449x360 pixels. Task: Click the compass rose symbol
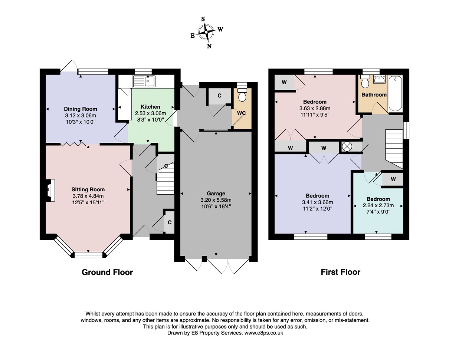click(x=206, y=32)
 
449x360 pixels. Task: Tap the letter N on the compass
click(x=209, y=46)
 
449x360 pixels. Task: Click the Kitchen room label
click(x=150, y=107)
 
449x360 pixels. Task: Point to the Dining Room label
click(x=81, y=109)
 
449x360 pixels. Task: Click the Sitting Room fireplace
click(x=50, y=190)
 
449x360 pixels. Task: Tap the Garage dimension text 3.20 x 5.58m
click(x=216, y=200)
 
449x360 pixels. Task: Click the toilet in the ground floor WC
click(x=242, y=95)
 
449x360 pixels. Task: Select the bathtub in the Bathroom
click(x=395, y=93)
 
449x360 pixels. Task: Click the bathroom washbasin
click(x=380, y=79)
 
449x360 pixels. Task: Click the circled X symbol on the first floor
click(x=347, y=146)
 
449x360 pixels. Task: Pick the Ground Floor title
click(x=107, y=272)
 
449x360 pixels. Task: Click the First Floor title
click(x=341, y=272)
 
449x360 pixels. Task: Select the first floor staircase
click(x=394, y=149)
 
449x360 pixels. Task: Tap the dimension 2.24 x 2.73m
click(x=378, y=205)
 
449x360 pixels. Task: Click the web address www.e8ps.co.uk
click(x=264, y=333)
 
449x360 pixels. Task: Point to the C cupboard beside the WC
click(x=220, y=96)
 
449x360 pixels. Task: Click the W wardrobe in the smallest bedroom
click(x=393, y=179)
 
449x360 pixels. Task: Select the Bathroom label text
click(x=374, y=95)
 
